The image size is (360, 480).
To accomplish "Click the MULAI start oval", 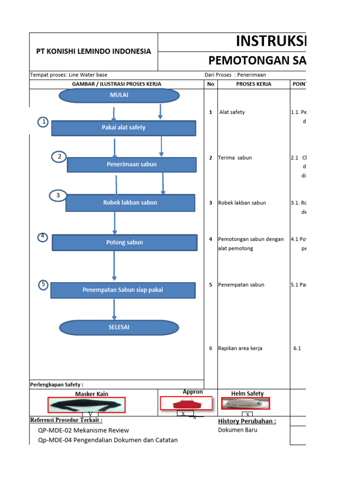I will tap(119, 95).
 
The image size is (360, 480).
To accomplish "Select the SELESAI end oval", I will tap(119, 327).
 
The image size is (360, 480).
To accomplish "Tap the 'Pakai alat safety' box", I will tap(124, 127).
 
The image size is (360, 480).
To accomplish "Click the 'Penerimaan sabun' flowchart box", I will tap(132, 165).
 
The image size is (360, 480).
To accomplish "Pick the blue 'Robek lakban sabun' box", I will tap(130, 203).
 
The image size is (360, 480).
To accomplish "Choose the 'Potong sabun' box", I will tap(125, 242).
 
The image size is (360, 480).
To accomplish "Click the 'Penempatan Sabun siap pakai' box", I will tap(123, 290).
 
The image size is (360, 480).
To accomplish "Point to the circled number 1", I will tap(44, 122).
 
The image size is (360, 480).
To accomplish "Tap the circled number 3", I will tap(58, 195).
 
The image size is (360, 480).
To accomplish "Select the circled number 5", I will tap(44, 285).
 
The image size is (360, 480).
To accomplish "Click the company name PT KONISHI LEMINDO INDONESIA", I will tap(94, 51).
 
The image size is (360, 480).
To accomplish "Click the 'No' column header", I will tap(210, 84).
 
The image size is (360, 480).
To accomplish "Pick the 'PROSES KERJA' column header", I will tap(253, 84).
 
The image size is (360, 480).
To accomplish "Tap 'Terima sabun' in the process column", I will tap(235, 157).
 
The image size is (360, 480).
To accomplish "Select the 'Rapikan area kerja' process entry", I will tap(240, 348).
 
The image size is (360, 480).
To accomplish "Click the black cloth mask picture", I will tap(87, 405).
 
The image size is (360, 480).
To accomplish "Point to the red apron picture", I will tap(186, 403).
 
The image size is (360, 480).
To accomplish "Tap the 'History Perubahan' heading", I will tap(247, 421).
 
